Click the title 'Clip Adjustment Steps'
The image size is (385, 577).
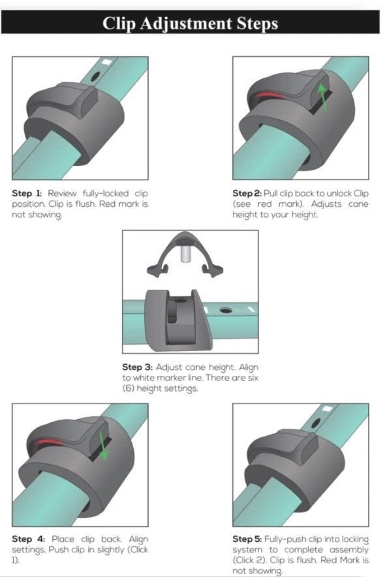[x=190, y=24]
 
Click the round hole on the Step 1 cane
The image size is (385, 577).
[x=95, y=76]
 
